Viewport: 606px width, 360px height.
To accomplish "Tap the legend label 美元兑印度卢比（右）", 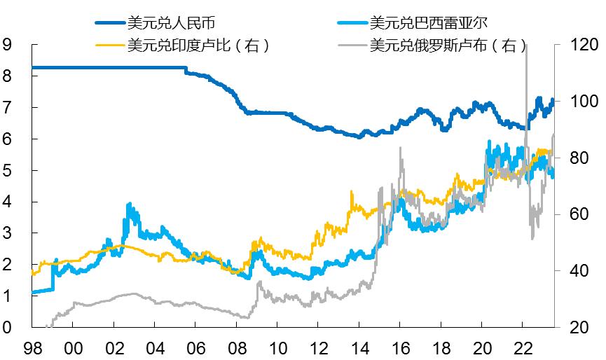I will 198,46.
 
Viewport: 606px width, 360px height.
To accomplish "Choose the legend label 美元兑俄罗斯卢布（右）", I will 448,46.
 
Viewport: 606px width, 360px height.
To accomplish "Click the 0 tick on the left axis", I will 8,327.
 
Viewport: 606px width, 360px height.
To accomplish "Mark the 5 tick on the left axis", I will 8,170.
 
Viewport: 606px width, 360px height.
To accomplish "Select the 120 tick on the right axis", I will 581,45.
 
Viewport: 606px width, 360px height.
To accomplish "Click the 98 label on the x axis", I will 32,347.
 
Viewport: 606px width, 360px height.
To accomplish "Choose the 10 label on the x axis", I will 277,347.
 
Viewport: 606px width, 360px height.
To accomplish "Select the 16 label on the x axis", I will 400,347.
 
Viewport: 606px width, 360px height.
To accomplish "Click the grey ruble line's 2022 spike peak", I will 526,45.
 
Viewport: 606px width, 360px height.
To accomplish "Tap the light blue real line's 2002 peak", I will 129,204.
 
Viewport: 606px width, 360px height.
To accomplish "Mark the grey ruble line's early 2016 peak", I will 400,148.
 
